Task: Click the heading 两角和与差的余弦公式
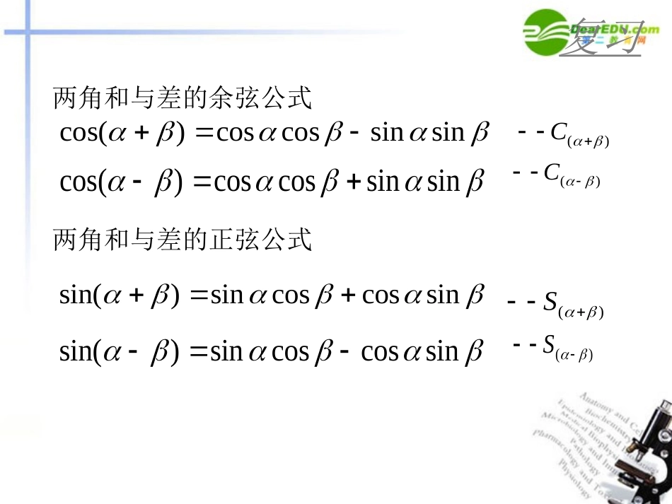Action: (183, 99)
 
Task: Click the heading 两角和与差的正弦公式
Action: (183, 240)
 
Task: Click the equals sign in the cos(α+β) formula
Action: (202, 134)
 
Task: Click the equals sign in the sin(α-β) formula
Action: (199, 351)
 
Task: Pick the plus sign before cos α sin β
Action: (348, 295)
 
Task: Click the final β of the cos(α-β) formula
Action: (475, 182)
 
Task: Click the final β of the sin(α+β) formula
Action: (475, 295)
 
